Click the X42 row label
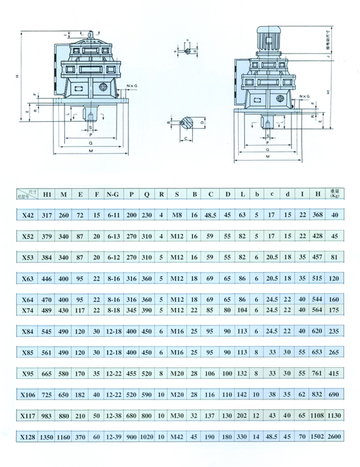[29, 214]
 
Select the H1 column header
[47, 195]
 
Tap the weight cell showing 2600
[335, 437]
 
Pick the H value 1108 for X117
[318, 415]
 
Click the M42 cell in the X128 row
[177, 437]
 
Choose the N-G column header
[112, 195]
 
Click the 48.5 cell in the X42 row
[211, 214]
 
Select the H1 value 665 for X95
[47, 373]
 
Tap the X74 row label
[28, 310]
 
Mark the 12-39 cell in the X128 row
[113, 437]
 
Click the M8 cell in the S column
[177, 214]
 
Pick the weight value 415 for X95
[335, 373]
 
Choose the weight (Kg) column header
[335, 195]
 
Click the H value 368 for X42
[318, 214]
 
